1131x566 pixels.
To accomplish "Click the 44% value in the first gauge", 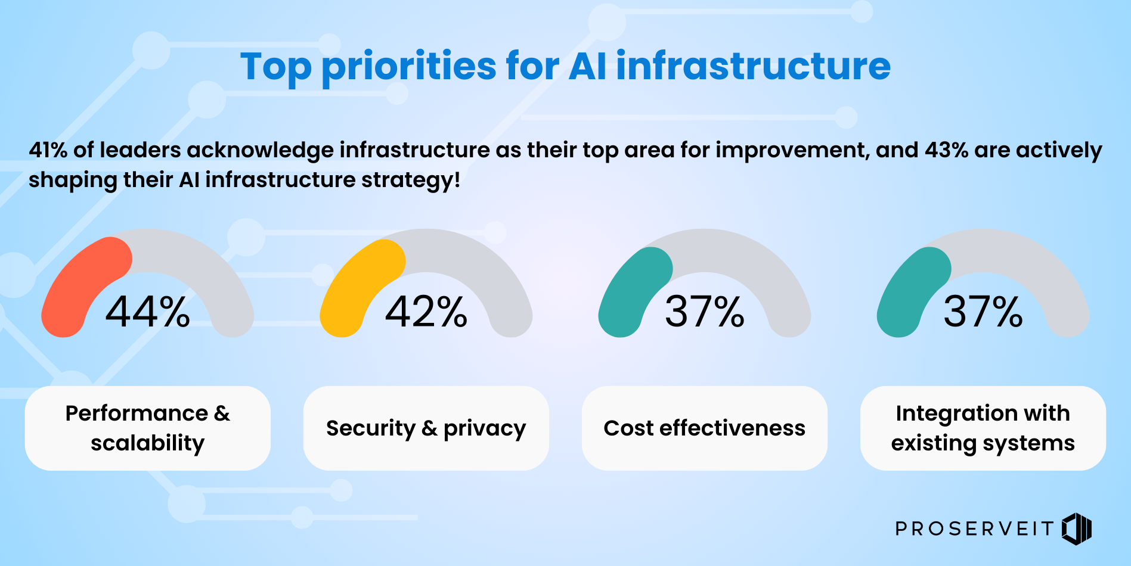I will [147, 312].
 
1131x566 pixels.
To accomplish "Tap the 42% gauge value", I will [426, 312].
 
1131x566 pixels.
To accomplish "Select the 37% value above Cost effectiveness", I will [705, 312].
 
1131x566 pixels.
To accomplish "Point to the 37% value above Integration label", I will [983, 312].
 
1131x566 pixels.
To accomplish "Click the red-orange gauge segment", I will [78, 286].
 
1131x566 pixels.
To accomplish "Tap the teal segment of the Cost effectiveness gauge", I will [632, 292].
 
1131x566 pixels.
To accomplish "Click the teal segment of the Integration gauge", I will [910, 292].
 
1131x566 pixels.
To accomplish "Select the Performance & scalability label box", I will [147, 428].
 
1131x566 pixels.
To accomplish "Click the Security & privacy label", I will [426, 428].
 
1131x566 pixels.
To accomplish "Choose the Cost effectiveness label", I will [705, 428].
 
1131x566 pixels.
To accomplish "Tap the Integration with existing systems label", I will [983, 428].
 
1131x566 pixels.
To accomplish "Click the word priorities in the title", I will [409, 67].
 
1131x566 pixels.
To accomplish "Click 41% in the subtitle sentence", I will [48, 150].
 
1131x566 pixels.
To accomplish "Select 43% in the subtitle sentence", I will [946, 150].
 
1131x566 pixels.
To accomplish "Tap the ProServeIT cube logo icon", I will [1077, 528].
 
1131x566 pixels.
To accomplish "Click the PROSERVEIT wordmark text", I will [975, 528].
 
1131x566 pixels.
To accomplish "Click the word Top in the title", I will [275, 67].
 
